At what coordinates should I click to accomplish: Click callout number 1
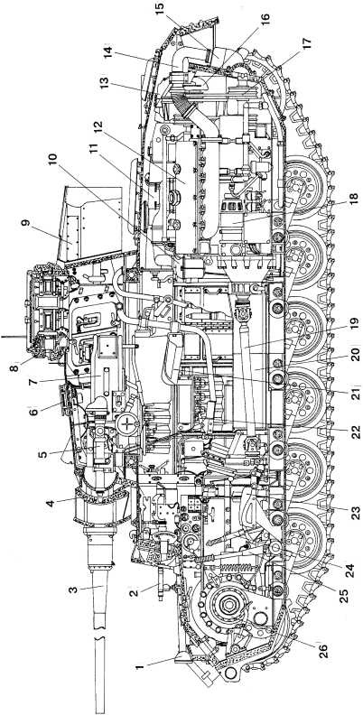coord(140,666)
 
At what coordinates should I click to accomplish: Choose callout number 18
coord(354,200)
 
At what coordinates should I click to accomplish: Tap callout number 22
coord(355,430)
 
